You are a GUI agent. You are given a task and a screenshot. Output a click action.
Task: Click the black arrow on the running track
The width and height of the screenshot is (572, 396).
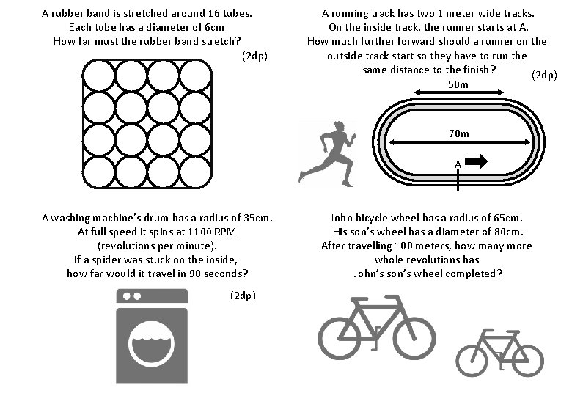[x=477, y=161]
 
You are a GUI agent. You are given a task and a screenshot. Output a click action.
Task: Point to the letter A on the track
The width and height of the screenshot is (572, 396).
[x=458, y=164]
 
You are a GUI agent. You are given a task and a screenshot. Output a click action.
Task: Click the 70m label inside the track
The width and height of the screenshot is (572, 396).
[x=459, y=133]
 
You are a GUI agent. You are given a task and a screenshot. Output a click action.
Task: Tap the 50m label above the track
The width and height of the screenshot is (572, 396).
[x=458, y=85]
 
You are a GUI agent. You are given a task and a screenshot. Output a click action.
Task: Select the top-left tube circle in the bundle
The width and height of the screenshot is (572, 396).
[x=98, y=75]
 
